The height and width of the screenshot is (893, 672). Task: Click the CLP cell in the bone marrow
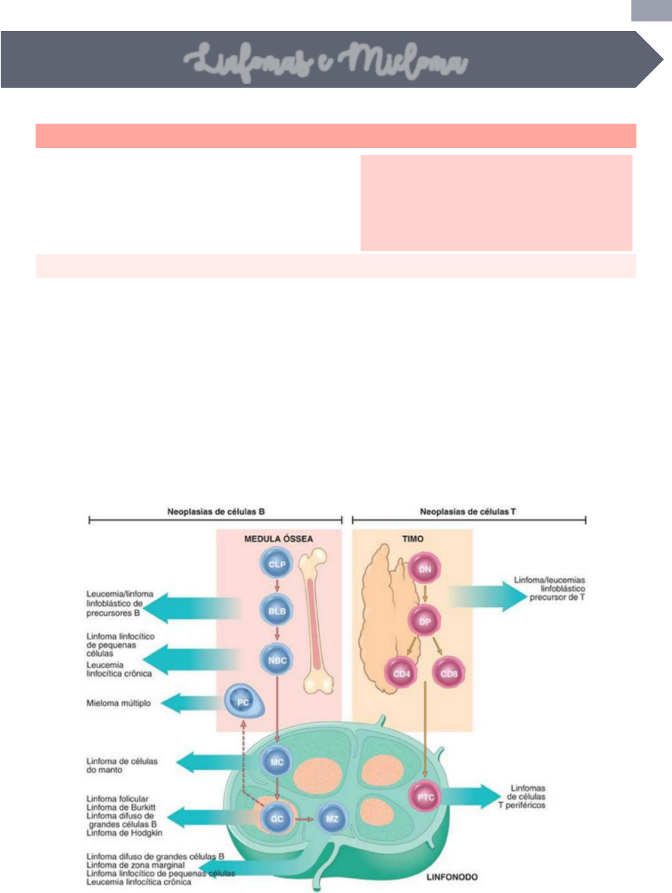click(276, 564)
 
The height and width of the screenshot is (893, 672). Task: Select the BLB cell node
click(276, 611)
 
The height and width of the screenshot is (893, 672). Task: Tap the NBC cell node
click(276, 660)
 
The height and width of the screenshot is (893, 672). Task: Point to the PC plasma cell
click(244, 702)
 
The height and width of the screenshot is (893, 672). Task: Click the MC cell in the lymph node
click(276, 761)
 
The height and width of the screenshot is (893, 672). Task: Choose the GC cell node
click(276, 818)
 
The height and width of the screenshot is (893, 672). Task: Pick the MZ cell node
click(332, 818)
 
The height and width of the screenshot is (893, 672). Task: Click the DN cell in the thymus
click(424, 569)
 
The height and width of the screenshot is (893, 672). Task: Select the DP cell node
click(424, 621)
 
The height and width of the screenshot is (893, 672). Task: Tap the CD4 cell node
click(401, 674)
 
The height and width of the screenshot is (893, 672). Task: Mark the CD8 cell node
click(449, 674)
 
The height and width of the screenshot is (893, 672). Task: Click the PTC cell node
click(425, 797)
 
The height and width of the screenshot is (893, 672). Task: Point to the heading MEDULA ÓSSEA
click(278, 539)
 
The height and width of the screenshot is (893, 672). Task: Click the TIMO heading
click(412, 539)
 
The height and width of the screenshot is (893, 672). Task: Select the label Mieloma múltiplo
click(118, 703)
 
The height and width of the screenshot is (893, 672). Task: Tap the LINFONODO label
click(451, 877)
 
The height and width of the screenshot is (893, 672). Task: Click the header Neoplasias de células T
click(468, 512)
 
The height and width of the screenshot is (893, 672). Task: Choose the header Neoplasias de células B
click(216, 512)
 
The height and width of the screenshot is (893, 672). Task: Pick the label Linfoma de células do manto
click(122, 765)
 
